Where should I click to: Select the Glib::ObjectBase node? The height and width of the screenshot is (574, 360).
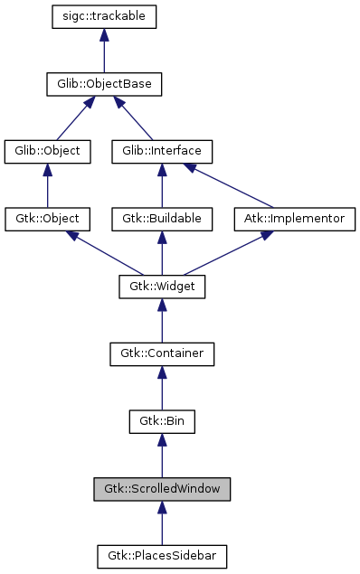[x=105, y=85]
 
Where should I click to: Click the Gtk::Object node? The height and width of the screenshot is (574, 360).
[x=48, y=219]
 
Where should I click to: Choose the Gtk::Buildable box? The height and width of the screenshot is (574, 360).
[x=162, y=219]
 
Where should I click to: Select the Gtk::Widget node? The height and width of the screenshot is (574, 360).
[x=162, y=287]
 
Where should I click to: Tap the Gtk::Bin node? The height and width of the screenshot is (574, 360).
[x=162, y=421]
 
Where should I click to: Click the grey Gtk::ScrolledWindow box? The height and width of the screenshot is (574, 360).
[x=162, y=489]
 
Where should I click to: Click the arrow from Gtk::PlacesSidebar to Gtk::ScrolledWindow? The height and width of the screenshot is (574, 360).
[x=162, y=522]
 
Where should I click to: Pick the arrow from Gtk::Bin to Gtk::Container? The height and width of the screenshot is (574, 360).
[x=162, y=388]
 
